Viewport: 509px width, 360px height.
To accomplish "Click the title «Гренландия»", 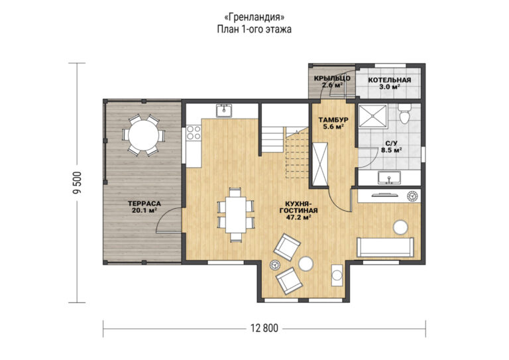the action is coord(254,16).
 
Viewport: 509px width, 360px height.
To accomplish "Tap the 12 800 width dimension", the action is coord(264,328).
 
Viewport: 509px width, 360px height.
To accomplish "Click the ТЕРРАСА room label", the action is coord(144,204).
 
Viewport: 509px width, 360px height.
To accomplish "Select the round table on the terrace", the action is coord(143,135).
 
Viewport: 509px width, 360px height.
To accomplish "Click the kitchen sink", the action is coord(224,110).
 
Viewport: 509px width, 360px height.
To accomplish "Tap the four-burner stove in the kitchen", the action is coord(194,133).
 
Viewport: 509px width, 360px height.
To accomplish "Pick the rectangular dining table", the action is coord(236,214).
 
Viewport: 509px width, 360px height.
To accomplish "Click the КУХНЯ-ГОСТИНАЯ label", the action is coord(299,207).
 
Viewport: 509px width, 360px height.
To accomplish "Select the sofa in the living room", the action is coord(385,247).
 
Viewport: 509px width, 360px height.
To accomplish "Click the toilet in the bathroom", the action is coord(405,114).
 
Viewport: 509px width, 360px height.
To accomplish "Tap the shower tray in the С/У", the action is coord(373,115).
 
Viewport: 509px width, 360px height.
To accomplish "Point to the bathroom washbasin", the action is coord(389,177).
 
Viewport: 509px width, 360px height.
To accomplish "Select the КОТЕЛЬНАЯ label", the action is coord(389,80).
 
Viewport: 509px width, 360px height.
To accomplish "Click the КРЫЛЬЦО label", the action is coord(332,78).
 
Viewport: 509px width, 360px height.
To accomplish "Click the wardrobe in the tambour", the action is coord(320,164).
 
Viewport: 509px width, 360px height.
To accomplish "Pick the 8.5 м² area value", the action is coord(392,150).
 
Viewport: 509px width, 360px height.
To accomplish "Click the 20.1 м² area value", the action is coord(144,210).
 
